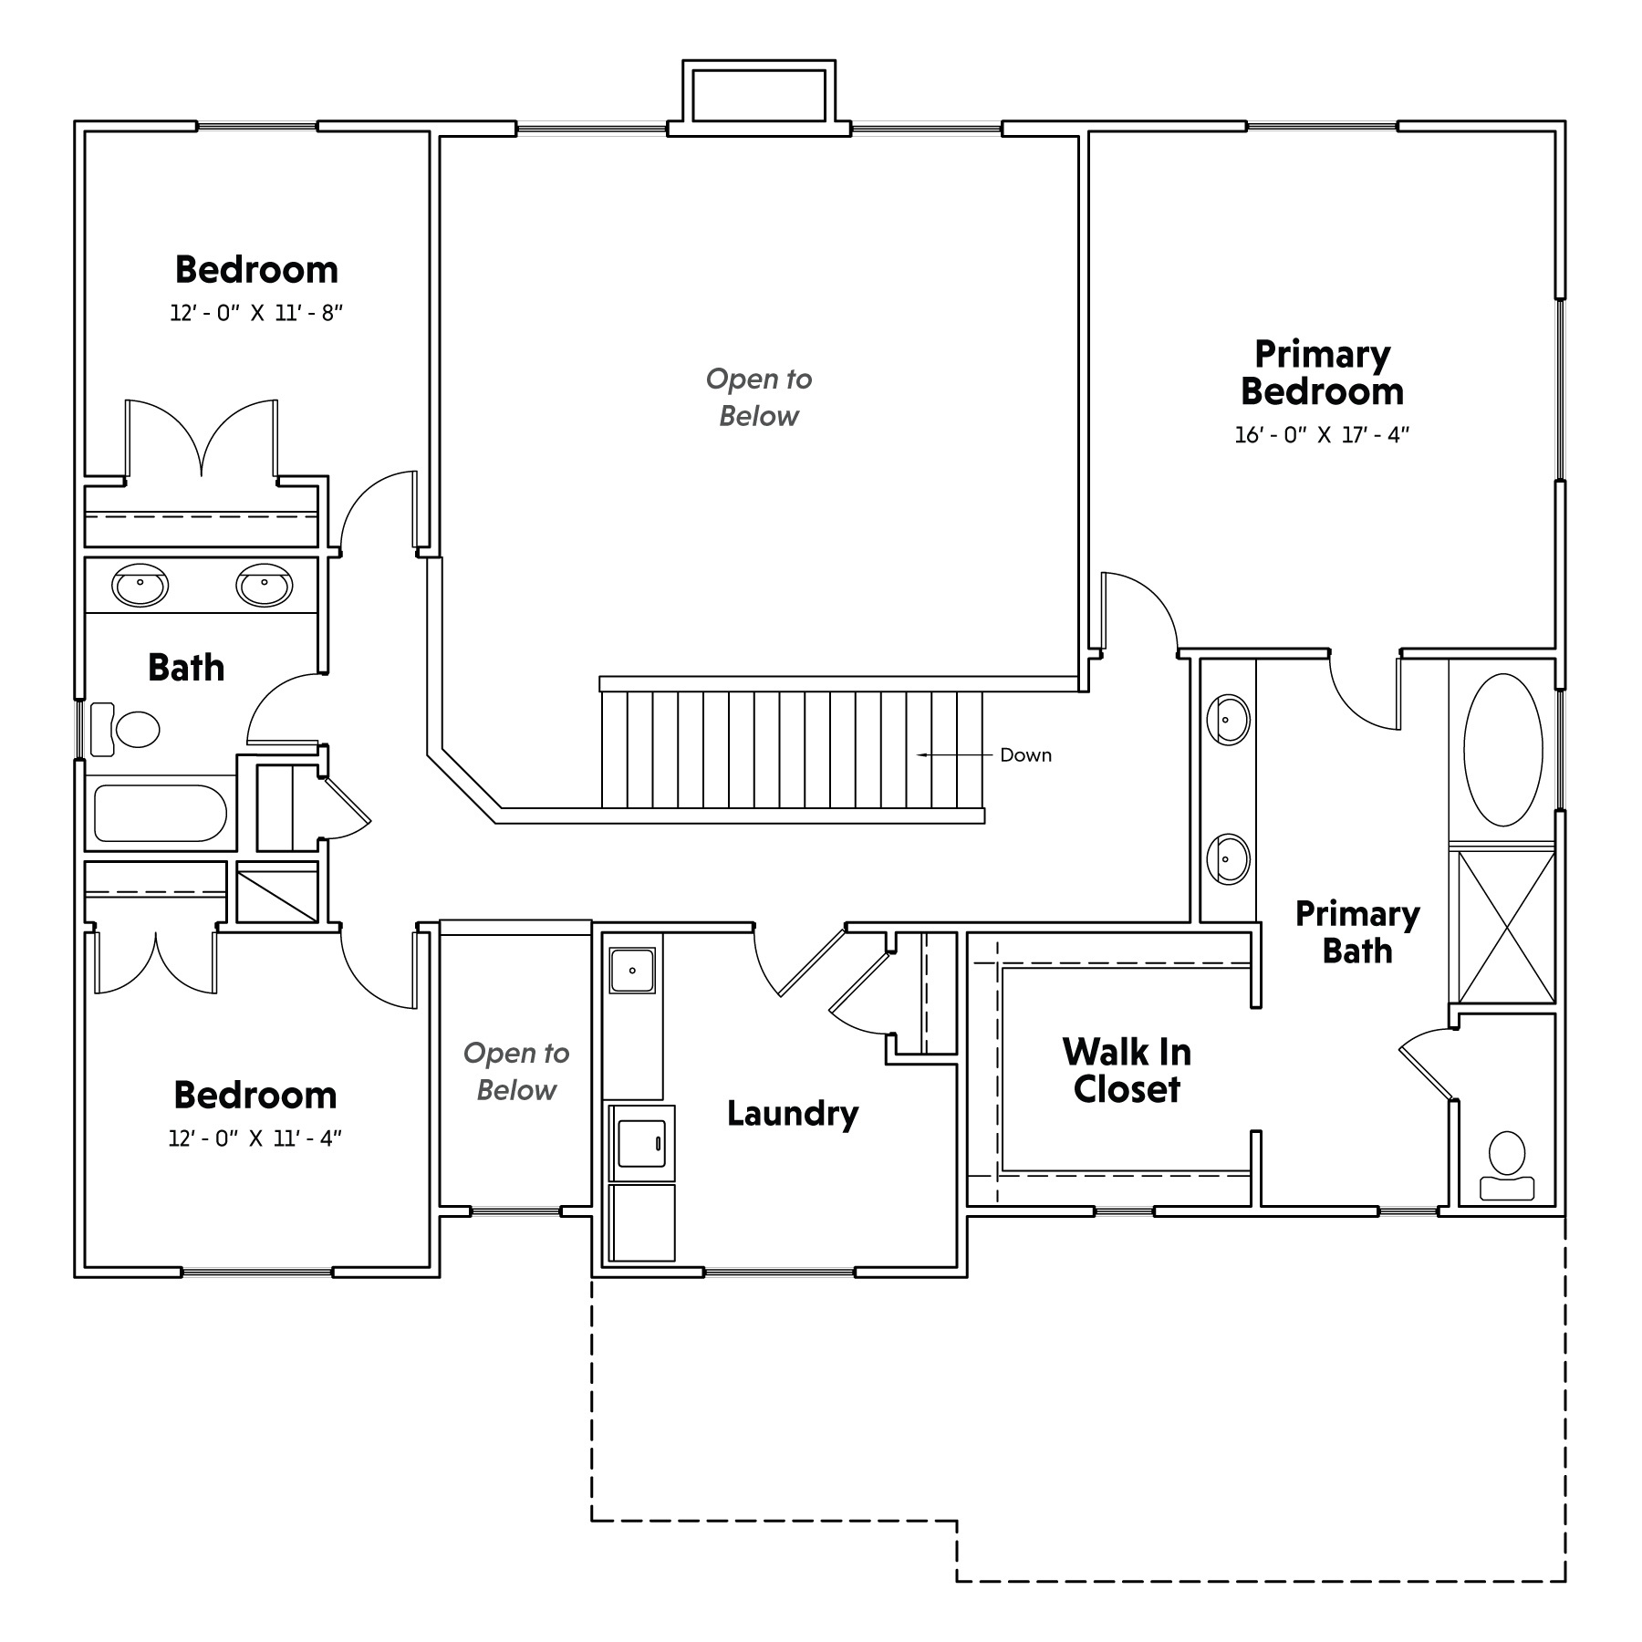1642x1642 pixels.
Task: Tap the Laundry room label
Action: [x=793, y=1114]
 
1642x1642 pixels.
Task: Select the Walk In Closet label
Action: [x=1127, y=1070]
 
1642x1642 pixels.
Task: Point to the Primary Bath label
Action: [x=1357, y=932]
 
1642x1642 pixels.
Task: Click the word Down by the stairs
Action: [x=1026, y=755]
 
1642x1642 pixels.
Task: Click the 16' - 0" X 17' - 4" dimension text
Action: [x=1322, y=435]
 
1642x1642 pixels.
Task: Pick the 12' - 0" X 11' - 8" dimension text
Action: [x=256, y=313]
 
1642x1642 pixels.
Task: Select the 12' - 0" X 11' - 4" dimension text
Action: [x=255, y=1138]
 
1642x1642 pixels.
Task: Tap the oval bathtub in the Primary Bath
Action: [x=1502, y=750]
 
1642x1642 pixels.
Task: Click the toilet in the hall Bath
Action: [x=125, y=729]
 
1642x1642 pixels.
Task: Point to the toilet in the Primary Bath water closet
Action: [x=1506, y=1165]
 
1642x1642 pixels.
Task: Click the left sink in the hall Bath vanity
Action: [x=140, y=585]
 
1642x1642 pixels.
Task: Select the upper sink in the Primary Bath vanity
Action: [x=1227, y=720]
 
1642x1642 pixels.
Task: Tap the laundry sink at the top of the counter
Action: [x=632, y=971]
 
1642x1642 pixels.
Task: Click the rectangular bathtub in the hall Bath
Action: [x=161, y=814]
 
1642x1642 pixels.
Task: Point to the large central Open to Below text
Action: [x=759, y=398]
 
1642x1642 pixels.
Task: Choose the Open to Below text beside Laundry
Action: [x=516, y=1072]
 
